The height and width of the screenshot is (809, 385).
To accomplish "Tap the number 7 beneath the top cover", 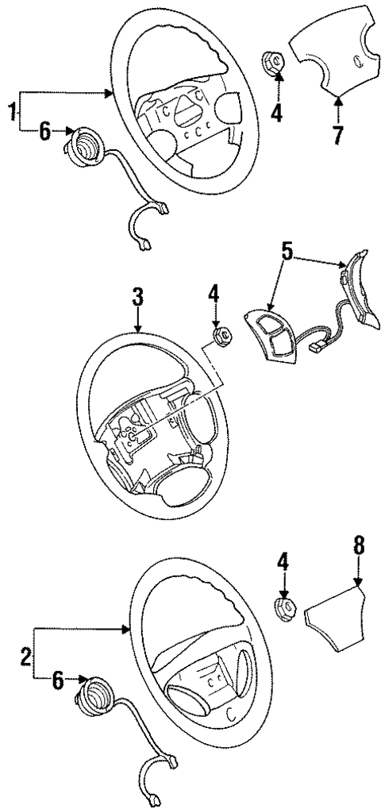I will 337,135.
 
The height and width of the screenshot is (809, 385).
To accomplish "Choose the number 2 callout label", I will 25,657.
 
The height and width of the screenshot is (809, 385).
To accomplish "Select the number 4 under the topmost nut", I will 275,114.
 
